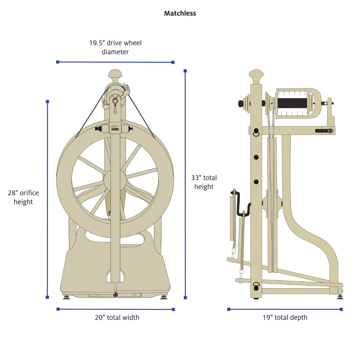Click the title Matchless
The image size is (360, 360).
(180, 13)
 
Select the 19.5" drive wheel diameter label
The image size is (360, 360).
(115, 47)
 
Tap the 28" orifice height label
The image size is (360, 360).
(23, 197)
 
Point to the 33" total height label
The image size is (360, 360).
(204, 182)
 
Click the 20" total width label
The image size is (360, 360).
(117, 317)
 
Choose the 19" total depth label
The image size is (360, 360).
(285, 317)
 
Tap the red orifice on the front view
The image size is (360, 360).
(115, 101)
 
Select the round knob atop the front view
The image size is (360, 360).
(115, 75)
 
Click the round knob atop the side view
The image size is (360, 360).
(256, 75)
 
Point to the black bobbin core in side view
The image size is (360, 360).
(291, 103)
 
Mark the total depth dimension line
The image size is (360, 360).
(285, 309)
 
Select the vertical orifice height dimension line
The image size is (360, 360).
(47, 199)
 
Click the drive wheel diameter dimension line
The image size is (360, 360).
(115, 62)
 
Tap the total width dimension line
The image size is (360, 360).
(115, 309)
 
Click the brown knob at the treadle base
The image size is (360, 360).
(115, 295)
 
